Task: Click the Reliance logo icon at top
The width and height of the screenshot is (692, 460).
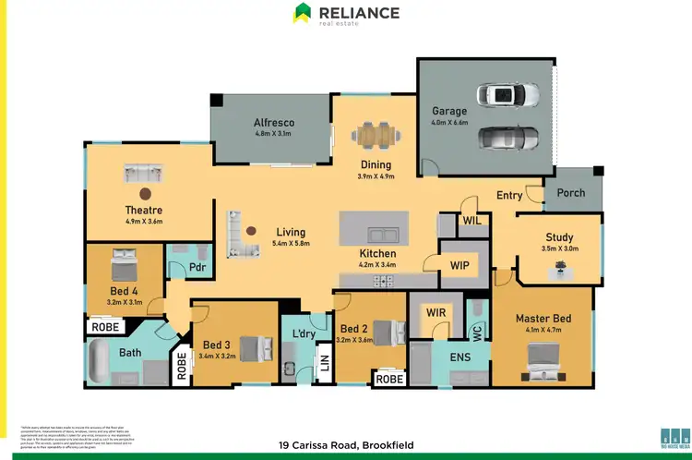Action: [x=303, y=13]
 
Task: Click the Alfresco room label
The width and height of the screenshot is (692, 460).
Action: [x=273, y=123]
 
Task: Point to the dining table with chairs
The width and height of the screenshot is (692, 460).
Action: [x=376, y=136]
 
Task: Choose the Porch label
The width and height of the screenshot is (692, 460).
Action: [x=571, y=193]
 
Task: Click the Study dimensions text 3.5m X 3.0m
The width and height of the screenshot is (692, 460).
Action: [x=559, y=248]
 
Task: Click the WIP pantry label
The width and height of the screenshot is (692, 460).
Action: [x=460, y=265]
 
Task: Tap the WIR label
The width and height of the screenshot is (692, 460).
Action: [x=436, y=313]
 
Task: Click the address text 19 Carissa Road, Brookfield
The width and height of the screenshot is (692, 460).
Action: [x=346, y=445]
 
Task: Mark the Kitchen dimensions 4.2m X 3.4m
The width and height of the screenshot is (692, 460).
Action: [x=377, y=265]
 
